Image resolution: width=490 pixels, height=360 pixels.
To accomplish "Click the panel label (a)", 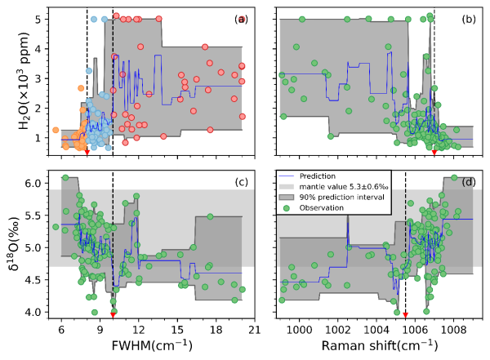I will (241, 18).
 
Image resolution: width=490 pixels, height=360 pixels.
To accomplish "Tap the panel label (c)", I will (241, 181).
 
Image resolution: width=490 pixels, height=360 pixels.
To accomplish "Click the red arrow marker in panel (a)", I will (87, 152).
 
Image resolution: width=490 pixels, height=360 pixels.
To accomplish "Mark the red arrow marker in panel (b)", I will (434, 152).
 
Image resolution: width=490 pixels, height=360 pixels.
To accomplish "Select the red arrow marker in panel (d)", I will (405, 313).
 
